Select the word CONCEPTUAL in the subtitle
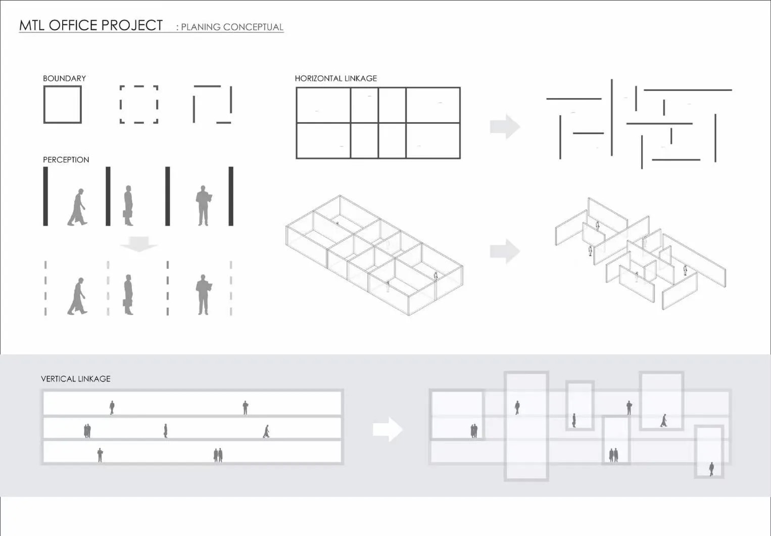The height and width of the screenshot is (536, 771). (x=253, y=27)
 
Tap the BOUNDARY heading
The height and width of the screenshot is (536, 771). (x=64, y=78)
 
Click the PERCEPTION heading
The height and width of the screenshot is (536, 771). (x=66, y=160)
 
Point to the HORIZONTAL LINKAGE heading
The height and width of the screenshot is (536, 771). (x=336, y=78)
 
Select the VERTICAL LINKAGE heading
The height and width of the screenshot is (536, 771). (x=76, y=379)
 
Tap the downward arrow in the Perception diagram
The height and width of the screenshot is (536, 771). (x=139, y=244)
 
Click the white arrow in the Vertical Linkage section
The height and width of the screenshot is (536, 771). (x=388, y=429)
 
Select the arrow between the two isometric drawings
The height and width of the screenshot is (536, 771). (x=505, y=251)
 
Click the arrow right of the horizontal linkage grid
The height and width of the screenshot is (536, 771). (x=505, y=126)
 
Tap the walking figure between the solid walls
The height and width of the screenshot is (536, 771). (x=77, y=207)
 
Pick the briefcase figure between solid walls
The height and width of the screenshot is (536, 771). (x=128, y=206)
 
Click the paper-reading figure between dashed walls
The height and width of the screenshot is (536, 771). (x=204, y=295)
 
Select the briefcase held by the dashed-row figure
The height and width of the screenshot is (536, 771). (x=125, y=303)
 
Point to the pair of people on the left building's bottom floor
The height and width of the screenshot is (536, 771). (x=218, y=455)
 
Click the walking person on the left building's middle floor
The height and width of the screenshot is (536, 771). (x=266, y=431)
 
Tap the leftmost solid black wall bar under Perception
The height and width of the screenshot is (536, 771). (x=45, y=196)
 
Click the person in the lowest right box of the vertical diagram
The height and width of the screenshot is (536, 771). (x=711, y=469)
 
